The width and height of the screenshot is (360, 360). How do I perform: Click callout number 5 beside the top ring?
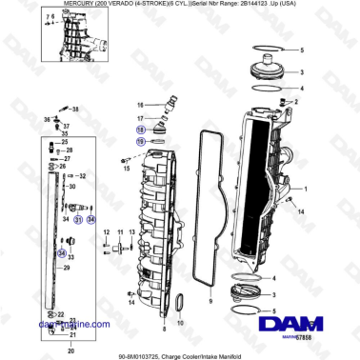pyautogui.click(x=304, y=49)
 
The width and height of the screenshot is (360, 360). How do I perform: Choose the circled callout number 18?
pyautogui.click(x=141, y=127)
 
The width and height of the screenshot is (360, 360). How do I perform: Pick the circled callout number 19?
pyautogui.click(x=141, y=139)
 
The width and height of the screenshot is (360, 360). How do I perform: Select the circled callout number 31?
pyautogui.click(x=79, y=221)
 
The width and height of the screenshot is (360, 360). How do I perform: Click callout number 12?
pyautogui.click(x=107, y=230)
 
